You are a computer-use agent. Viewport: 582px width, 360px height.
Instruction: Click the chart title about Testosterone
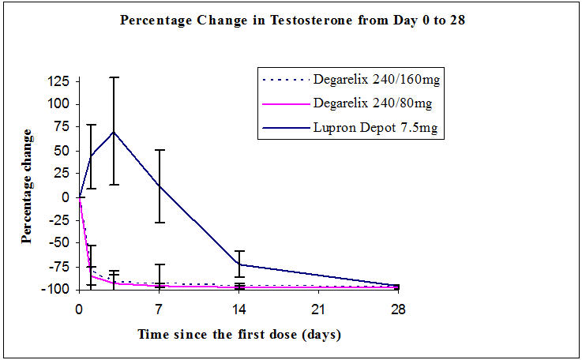click(291, 21)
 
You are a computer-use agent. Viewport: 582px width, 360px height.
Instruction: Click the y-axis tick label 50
click(65, 151)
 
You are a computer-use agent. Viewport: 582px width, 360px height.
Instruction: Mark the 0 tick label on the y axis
click(68, 197)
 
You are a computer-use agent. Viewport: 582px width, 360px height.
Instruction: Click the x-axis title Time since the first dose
click(239, 335)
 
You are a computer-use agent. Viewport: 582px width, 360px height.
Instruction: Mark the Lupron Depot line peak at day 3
click(114, 132)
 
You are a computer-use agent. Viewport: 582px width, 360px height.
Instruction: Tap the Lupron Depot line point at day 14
click(239, 264)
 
